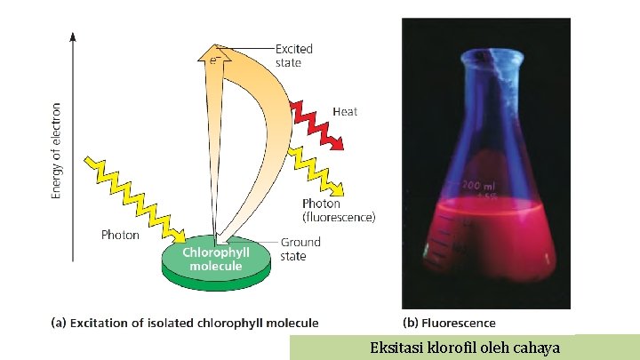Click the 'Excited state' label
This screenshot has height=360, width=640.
(294, 55)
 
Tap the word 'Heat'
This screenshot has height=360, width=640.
(345, 112)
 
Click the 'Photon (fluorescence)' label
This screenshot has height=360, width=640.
(339, 210)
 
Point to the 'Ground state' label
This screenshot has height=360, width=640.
(300, 249)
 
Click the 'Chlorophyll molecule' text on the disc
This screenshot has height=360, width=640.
(216, 259)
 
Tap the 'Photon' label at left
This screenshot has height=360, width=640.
(120, 236)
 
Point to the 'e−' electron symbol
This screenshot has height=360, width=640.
(214, 59)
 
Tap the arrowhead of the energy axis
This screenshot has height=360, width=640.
(73, 37)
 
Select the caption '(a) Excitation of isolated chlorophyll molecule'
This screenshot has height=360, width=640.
(184, 323)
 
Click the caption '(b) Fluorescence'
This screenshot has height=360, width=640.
(449, 323)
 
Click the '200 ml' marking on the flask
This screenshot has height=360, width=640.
(480, 186)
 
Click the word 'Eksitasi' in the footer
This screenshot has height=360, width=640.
(396, 348)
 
